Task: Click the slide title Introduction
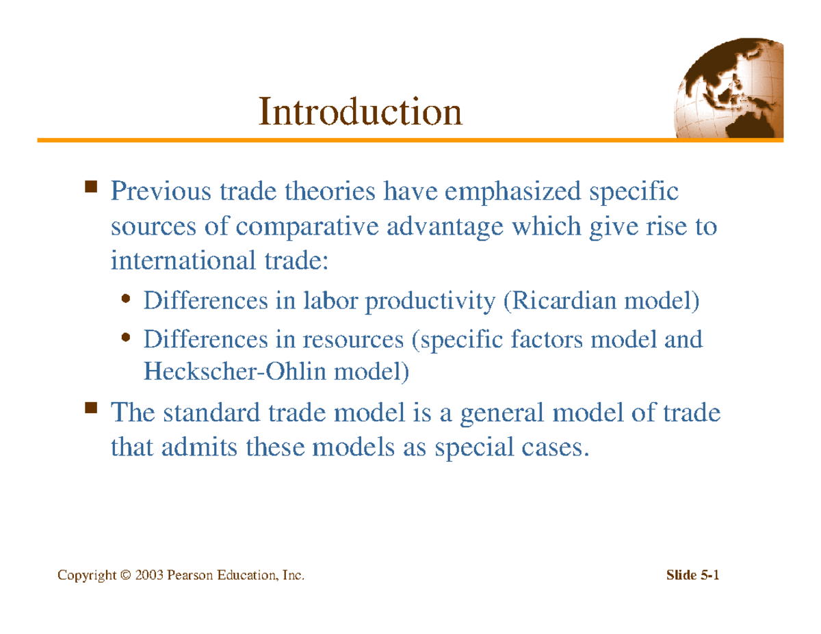click(359, 113)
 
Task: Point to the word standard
click(208, 414)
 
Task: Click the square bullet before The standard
click(90, 409)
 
